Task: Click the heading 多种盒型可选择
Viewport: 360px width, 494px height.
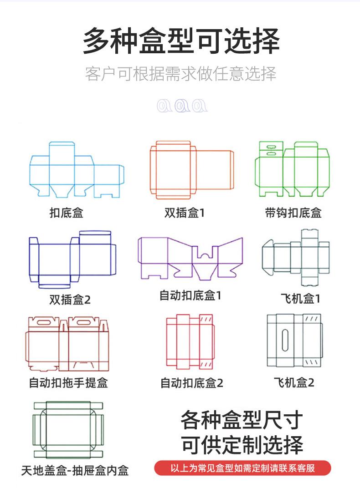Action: (x=181, y=41)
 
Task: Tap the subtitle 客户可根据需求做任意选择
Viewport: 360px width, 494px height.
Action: (x=180, y=74)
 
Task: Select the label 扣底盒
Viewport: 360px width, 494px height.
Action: (x=67, y=213)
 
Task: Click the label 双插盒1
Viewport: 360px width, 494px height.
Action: (x=185, y=213)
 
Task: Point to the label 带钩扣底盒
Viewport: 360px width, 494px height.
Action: (x=293, y=213)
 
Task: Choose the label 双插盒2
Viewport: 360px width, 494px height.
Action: (x=70, y=299)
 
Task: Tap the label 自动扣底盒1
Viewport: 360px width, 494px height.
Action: (x=190, y=295)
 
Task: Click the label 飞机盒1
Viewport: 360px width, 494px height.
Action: (x=300, y=299)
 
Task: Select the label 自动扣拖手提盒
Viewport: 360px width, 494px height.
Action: (x=68, y=382)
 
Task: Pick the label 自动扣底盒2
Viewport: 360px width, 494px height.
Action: (x=191, y=383)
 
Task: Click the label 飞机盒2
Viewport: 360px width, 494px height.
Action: (x=294, y=382)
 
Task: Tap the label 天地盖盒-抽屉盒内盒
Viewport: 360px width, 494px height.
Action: (x=75, y=470)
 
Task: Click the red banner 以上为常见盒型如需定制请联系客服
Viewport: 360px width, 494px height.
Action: (x=242, y=468)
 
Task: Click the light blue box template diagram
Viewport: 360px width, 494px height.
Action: (x=76, y=170)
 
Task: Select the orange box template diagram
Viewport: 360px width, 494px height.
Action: (x=191, y=170)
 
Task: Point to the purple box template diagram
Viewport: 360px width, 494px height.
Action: (x=190, y=257)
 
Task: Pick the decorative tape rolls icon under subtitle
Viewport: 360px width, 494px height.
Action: (x=182, y=106)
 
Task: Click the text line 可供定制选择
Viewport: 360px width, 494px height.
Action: (x=242, y=445)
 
